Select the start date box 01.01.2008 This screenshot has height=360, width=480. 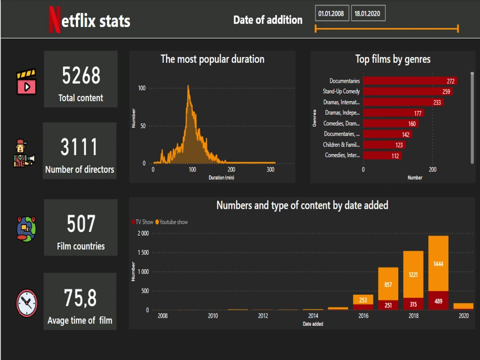pyautogui.click(x=331, y=13)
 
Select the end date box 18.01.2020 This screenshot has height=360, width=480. pyautogui.click(x=368, y=13)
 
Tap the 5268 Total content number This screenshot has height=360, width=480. pyautogui.click(x=81, y=75)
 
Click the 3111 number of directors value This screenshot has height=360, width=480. pyautogui.click(x=79, y=147)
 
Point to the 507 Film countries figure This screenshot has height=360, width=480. pyautogui.click(x=81, y=224)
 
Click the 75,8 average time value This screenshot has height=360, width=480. pyautogui.click(x=80, y=299)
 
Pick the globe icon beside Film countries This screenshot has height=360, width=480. pyautogui.click(x=26, y=228)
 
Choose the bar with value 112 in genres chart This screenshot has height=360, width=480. pyautogui.click(x=382, y=155)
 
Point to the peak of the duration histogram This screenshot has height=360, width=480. pyautogui.click(x=188, y=87)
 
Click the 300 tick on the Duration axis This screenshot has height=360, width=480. pyautogui.click(x=271, y=170)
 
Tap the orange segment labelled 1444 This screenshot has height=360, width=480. pyautogui.click(x=438, y=264)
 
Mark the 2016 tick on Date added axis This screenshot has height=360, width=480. pyautogui.click(x=363, y=316)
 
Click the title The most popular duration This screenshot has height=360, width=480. pyautogui.click(x=212, y=60)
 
